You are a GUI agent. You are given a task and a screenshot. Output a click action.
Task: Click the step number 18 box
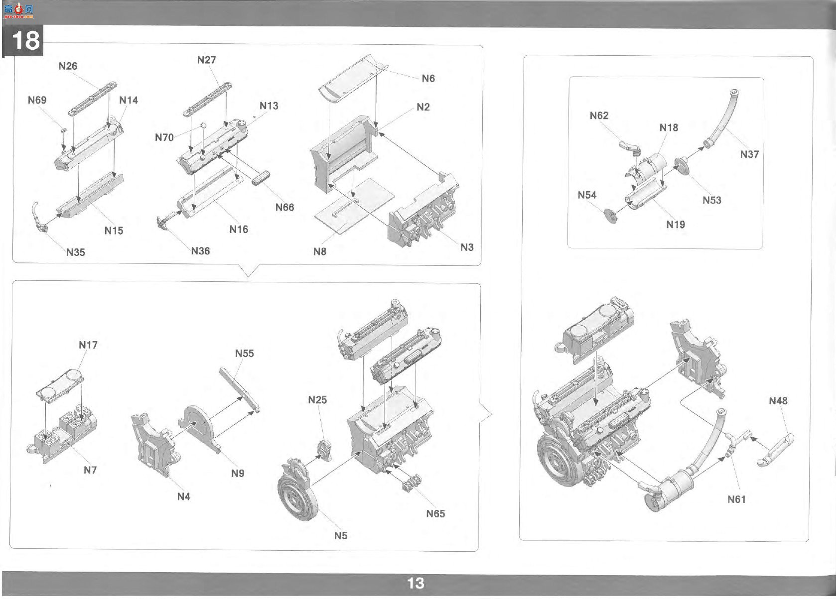[x=23, y=41]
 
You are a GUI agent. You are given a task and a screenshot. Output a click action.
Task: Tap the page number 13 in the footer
[x=416, y=583]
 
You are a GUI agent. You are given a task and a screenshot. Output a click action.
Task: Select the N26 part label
[x=68, y=66]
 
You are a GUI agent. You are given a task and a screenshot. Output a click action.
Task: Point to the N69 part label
[x=37, y=100]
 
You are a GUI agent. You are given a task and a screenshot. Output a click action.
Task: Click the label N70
[x=164, y=137]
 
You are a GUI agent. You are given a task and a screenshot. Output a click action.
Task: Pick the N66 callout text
[x=285, y=207]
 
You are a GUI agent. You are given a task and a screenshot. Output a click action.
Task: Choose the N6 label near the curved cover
[x=428, y=78]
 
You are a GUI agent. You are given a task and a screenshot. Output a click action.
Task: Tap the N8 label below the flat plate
[x=320, y=252]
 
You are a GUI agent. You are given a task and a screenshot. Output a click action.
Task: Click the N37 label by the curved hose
[x=749, y=154]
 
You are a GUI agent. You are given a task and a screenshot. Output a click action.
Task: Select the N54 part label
[x=587, y=195]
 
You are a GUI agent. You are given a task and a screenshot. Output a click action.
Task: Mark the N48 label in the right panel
[x=778, y=400]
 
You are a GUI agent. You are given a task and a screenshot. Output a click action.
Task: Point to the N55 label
[x=245, y=353]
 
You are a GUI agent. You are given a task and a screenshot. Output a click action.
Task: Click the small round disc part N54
[x=611, y=216]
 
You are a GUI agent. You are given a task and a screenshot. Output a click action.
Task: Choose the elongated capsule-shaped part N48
[x=775, y=450]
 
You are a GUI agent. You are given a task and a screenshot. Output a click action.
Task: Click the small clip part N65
[x=412, y=483]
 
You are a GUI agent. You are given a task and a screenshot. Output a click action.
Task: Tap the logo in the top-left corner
[x=18, y=11]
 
